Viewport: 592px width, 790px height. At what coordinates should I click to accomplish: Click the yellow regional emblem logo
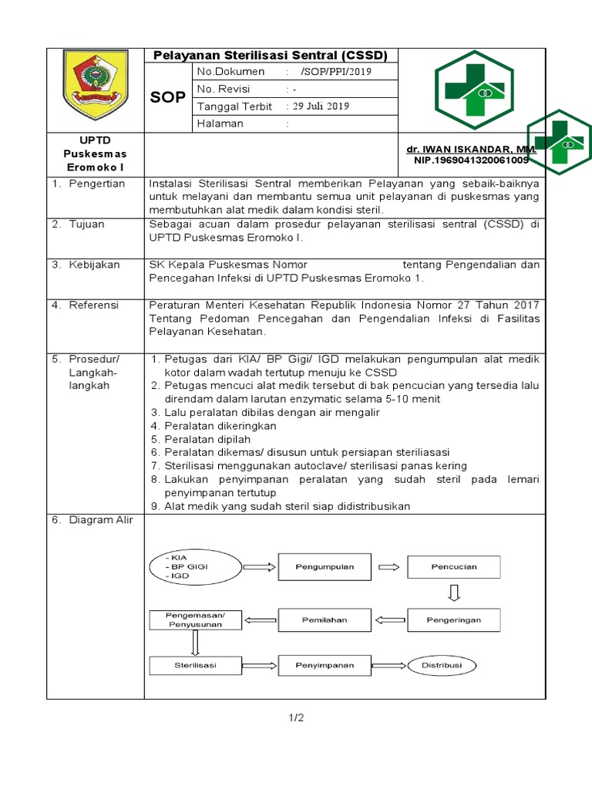(x=95, y=85)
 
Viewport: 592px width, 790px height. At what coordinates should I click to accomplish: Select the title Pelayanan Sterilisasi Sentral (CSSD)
(x=271, y=55)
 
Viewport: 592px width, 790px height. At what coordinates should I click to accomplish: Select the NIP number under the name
(x=470, y=160)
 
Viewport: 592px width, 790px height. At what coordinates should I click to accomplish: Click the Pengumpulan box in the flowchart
(x=325, y=567)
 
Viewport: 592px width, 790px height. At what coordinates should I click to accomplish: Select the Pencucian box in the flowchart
(x=454, y=567)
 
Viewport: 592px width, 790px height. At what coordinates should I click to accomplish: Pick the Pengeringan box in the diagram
(x=454, y=620)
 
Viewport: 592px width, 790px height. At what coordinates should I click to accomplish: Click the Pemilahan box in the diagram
(x=325, y=620)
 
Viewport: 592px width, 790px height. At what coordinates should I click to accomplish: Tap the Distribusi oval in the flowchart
(x=442, y=665)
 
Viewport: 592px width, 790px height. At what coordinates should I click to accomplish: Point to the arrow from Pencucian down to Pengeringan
(x=454, y=592)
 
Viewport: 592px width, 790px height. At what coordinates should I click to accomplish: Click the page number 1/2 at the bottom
(x=296, y=718)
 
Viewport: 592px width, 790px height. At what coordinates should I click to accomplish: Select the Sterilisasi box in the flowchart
(x=195, y=665)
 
